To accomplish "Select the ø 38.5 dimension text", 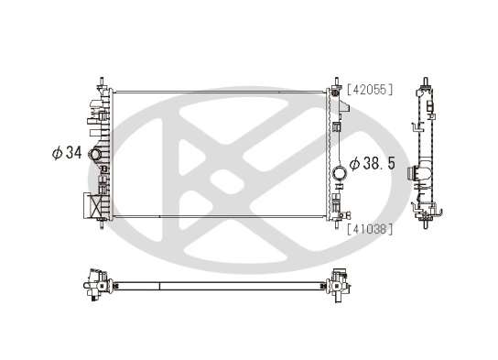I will (x=372, y=162).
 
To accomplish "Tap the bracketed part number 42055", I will (x=369, y=89).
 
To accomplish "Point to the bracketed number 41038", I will (x=369, y=229).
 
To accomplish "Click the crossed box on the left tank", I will (x=90, y=204).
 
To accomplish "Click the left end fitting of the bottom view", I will (x=94, y=283).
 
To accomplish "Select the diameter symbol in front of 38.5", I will (x=354, y=162).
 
